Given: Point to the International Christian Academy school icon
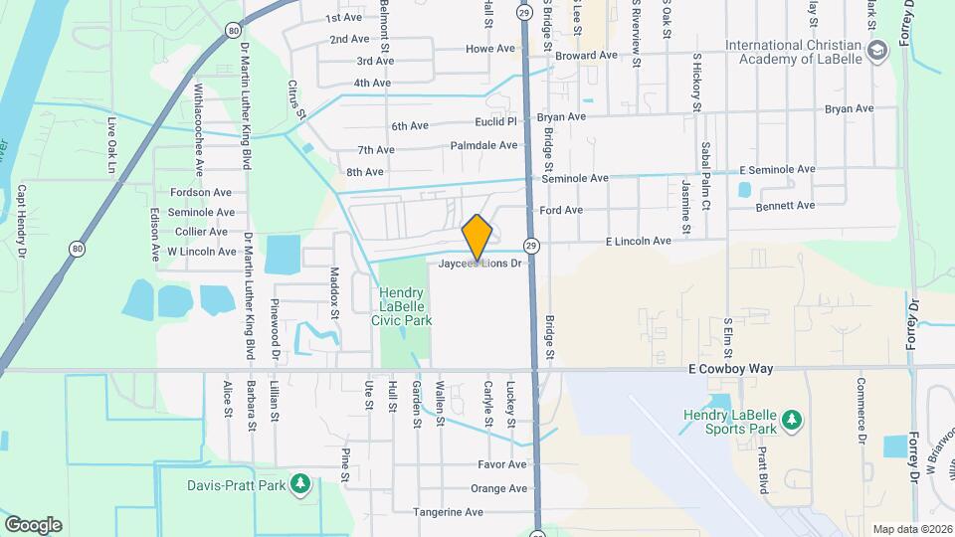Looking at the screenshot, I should (876, 51).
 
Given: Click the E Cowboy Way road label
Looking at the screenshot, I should (730, 369).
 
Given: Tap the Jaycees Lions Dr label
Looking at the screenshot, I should (480, 264).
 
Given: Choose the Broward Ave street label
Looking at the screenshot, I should (586, 56).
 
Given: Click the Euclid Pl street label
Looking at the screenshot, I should (496, 122).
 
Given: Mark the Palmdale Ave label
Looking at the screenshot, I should (485, 145).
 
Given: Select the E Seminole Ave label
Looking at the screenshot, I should (776, 170).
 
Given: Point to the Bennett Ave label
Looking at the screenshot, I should (785, 205).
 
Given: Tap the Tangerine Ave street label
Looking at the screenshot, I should (448, 512).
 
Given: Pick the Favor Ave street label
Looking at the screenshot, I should (501, 464).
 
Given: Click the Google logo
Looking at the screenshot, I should (33, 524).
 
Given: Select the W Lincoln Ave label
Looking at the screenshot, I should (201, 252).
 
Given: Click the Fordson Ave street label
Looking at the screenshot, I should (201, 192).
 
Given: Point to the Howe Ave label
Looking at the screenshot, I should (489, 48).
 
